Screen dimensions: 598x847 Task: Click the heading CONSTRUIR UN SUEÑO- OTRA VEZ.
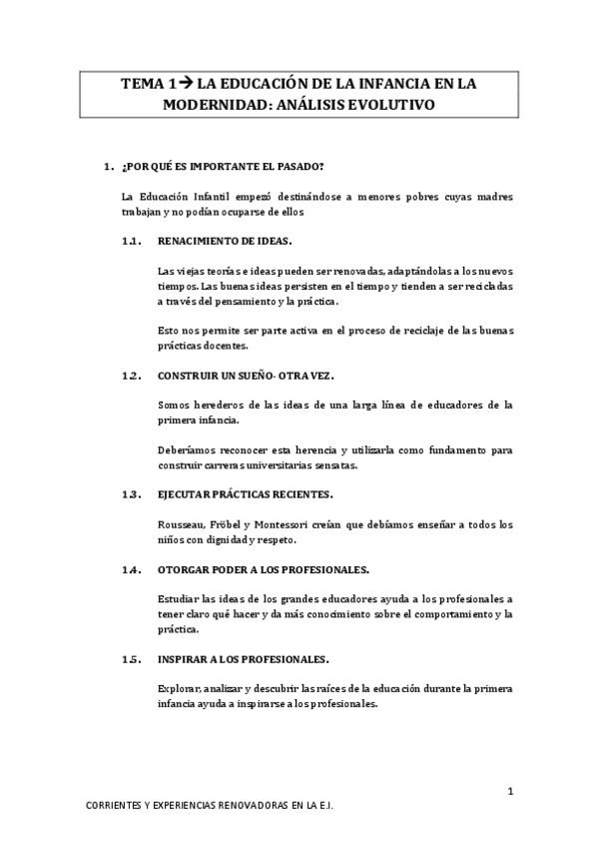[240, 376]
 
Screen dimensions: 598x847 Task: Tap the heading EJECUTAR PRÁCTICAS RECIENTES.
[238, 494]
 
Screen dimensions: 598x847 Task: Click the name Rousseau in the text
[181, 524]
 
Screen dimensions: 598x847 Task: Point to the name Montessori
[290, 524]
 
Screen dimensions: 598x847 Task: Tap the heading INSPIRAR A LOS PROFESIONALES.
[244, 659]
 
